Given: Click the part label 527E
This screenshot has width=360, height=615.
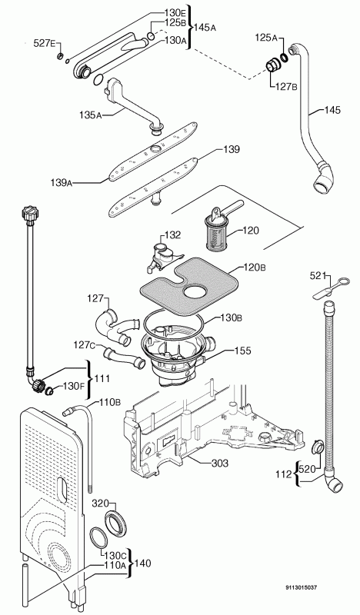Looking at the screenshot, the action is pos(43,43).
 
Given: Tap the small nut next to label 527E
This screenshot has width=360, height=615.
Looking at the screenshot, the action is pos(60,56).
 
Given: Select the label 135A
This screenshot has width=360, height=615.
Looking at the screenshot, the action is pos(90,115).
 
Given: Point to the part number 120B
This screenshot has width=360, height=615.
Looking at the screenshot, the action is pos(255,268).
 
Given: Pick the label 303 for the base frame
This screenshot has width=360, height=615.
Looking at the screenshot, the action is pos(220,464).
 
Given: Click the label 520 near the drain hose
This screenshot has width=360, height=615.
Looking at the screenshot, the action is pos(308,468).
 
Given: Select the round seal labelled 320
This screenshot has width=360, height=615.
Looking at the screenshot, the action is pos(116,523).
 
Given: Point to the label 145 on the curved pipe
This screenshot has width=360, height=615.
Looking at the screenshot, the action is pos(332,110).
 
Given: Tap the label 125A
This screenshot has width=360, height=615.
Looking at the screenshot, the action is pos(266,38).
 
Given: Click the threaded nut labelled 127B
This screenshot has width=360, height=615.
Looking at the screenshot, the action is pos(273,65).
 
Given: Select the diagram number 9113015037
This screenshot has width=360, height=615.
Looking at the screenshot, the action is pos(301,587).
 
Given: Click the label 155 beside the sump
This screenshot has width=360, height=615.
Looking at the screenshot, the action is pos(242,351).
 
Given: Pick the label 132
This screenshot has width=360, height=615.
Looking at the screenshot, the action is pos(173,235).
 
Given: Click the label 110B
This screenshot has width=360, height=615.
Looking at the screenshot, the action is pos(109,401).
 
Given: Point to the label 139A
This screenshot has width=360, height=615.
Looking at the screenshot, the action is pos(61,182).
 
